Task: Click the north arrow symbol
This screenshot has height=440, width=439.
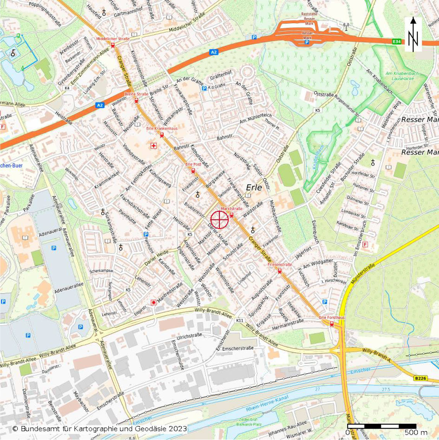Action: point(413,35)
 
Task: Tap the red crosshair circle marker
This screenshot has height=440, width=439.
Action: point(220,220)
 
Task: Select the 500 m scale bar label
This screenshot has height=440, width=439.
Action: point(416,432)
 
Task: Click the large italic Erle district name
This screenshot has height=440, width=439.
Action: point(254,188)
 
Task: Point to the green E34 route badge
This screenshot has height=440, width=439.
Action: point(396,41)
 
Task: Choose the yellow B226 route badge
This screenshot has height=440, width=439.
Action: point(420,378)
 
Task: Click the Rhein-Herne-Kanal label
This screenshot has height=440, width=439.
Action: point(267,405)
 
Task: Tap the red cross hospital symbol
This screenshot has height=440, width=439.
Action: point(154,146)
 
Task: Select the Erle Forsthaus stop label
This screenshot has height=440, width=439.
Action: point(332,318)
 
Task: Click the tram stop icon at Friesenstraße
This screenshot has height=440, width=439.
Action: point(280,271)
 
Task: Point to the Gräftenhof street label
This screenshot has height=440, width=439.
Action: point(221,75)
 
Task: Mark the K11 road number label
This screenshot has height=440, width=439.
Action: point(240,320)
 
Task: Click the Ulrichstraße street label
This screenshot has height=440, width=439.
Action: point(189,336)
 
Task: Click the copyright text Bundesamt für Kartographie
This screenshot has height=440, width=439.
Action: point(99,429)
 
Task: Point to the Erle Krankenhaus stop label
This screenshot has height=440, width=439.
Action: point(162,128)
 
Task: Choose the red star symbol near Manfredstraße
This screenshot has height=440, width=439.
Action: point(154,302)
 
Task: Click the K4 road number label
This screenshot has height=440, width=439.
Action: point(67,88)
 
